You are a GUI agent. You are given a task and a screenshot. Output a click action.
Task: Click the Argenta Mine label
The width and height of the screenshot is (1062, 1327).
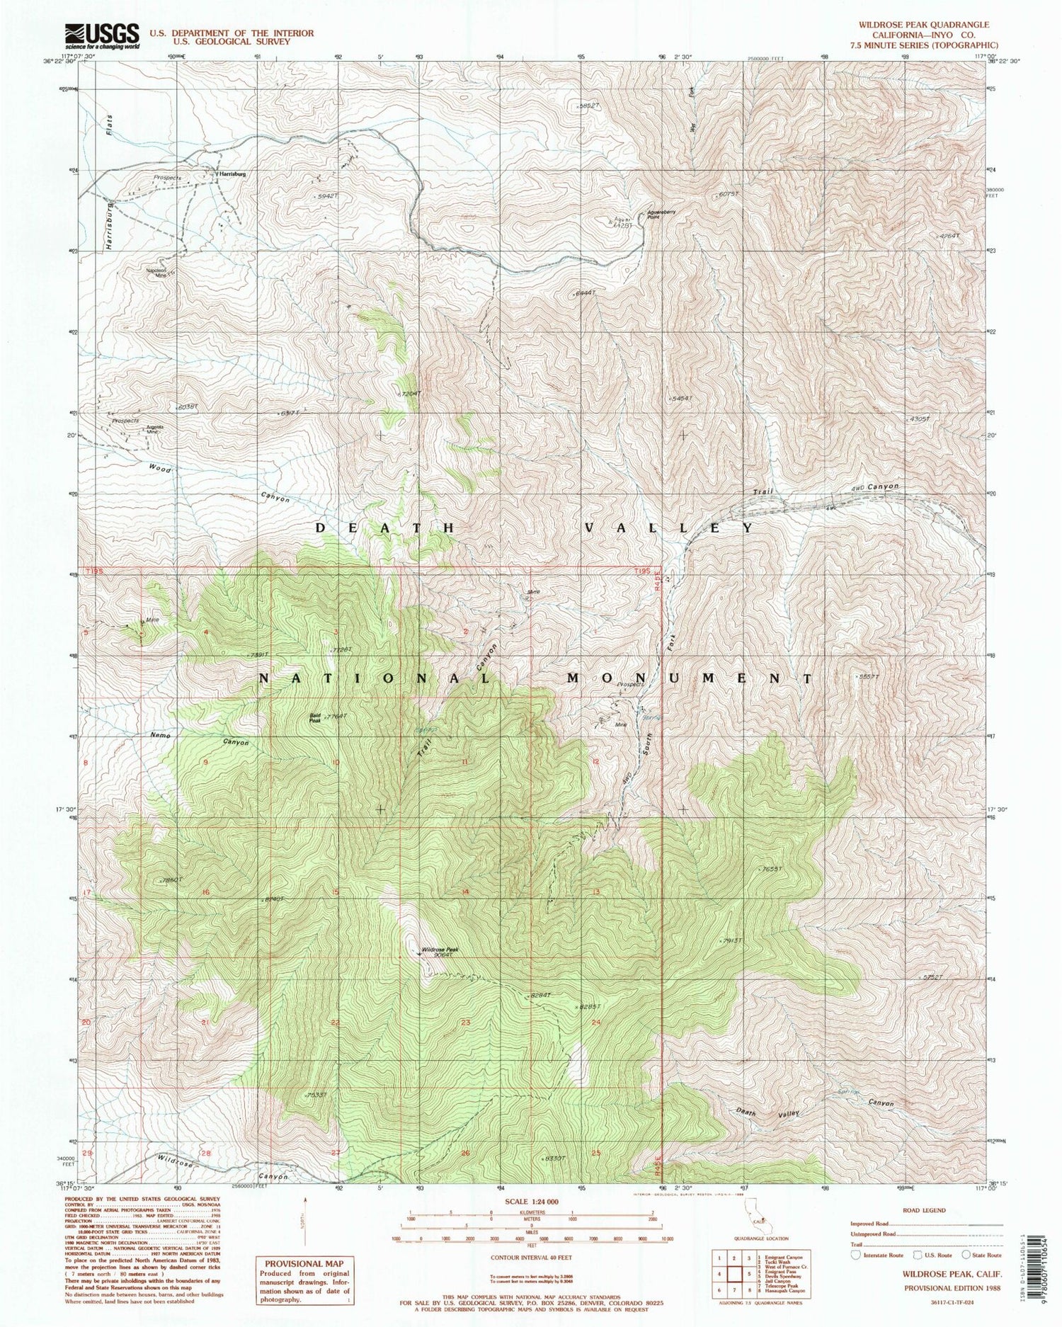click(x=153, y=429)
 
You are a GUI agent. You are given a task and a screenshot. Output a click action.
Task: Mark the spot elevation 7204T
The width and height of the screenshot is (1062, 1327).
click(x=410, y=393)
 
